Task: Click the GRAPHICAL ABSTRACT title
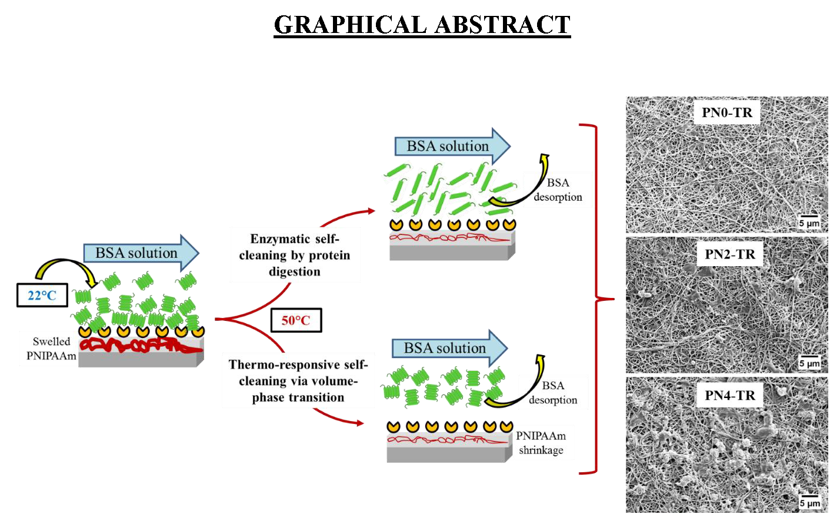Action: click(422, 25)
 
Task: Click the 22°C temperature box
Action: click(42, 295)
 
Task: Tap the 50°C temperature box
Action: click(296, 320)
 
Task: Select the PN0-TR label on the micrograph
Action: click(727, 112)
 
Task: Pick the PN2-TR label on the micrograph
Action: click(729, 254)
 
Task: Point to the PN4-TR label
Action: click(729, 395)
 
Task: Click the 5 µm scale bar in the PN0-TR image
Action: click(809, 222)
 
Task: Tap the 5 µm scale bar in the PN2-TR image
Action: click(809, 362)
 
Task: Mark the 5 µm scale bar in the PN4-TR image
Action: click(809, 501)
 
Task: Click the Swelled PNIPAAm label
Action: click(51, 349)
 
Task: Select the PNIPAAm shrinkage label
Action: click(541, 443)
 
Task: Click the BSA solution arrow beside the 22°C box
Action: click(140, 253)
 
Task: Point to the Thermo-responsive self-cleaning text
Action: click(298, 381)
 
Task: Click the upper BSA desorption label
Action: click(558, 190)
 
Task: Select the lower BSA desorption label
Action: click(553, 392)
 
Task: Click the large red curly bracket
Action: click(595, 299)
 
